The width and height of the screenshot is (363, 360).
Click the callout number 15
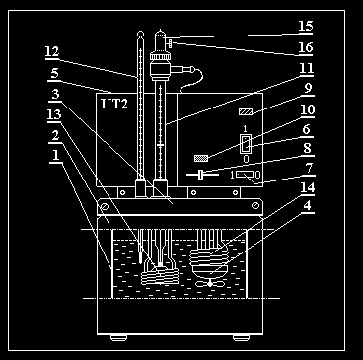(x=306, y=26)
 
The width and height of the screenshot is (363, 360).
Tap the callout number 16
(x=306, y=48)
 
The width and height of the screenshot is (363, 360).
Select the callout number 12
(x=52, y=52)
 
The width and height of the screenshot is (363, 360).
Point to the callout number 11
(x=306, y=68)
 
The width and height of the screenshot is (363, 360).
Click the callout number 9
(x=309, y=89)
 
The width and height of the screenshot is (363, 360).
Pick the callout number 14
(x=308, y=188)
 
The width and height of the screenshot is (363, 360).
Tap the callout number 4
(x=307, y=206)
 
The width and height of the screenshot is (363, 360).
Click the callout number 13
(x=54, y=114)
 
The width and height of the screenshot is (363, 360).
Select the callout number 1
(x=56, y=155)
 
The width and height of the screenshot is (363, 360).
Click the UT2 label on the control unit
(x=114, y=104)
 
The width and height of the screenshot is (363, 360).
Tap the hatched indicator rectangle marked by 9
(x=246, y=112)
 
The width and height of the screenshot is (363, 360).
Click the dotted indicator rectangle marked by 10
(x=201, y=158)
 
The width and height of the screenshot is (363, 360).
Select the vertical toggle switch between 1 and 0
(x=246, y=144)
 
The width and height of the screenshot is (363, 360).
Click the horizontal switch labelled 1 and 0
(x=245, y=175)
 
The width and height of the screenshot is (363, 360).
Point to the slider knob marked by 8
(x=200, y=175)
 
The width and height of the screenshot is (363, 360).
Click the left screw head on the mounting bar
(x=105, y=206)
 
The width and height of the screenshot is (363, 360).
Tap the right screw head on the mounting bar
(x=255, y=206)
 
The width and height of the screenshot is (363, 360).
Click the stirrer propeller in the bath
(x=210, y=283)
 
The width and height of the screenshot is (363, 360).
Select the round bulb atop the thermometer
(x=140, y=34)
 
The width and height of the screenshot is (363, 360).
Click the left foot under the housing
(x=118, y=338)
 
